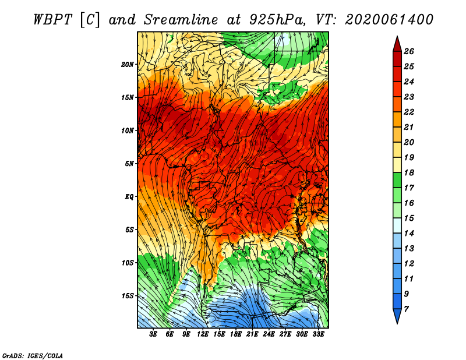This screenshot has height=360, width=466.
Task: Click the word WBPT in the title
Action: [52, 20]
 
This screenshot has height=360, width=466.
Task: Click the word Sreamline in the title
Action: [181, 20]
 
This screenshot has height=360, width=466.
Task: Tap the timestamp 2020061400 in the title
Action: [389, 20]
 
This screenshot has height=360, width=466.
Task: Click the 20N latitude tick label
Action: [127, 65]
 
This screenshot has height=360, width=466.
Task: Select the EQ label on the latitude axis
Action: [129, 197]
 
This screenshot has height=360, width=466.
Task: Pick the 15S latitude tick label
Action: [127, 296]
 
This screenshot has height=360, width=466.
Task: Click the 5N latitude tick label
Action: [129, 164]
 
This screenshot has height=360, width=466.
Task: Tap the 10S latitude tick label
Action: [127, 263]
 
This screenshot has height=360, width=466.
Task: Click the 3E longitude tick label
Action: [153, 334]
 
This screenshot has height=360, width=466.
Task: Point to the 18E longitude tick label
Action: [236, 334]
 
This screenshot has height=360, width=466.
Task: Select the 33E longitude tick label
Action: [318, 334]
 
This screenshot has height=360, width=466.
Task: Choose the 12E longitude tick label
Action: [203, 334]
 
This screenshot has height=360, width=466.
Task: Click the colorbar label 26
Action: [409, 51]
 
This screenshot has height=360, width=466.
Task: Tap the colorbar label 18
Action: [409, 172]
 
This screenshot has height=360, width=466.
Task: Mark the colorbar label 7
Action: [406, 309]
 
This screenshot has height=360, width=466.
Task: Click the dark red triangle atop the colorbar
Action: [397, 45]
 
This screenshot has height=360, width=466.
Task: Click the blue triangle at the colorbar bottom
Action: [397, 315]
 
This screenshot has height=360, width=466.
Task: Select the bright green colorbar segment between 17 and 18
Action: [397, 180]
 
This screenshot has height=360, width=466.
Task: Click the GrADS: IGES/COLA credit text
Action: [33, 355]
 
